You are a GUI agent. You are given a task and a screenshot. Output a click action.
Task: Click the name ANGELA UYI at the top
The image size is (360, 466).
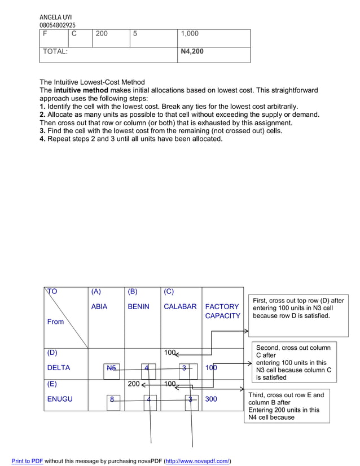[x=55, y=17]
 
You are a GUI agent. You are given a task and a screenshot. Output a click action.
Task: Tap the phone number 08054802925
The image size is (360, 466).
[x=57, y=25]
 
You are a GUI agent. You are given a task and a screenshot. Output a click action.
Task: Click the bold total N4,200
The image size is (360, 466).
[x=192, y=51]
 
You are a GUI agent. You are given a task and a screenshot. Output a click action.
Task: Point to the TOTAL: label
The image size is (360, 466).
[x=55, y=51]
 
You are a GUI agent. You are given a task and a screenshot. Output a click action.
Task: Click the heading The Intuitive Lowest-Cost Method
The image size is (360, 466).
[x=92, y=82]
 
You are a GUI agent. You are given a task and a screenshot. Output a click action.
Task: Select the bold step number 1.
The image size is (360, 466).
[x=42, y=107]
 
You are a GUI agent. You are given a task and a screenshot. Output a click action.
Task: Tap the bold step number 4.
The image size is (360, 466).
[x=42, y=139]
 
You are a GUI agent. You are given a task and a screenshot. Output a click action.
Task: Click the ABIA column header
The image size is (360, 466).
[x=99, y=307]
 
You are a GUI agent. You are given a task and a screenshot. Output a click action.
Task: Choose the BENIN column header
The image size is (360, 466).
[x=138, y=307]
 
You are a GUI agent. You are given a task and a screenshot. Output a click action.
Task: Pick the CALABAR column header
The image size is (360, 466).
[x=180, y=307]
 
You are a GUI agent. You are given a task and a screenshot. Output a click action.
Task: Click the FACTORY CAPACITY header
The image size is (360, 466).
[x=222, y=311]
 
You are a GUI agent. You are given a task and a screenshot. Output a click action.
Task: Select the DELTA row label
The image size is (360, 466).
[x=59, y=368]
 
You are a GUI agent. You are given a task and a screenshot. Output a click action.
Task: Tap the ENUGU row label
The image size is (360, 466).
[x=59, y=399]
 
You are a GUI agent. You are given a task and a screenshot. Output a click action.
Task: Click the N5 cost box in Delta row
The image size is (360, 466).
[x=112, y=368]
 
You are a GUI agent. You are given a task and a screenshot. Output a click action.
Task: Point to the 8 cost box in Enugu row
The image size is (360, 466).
[x=112, y=400]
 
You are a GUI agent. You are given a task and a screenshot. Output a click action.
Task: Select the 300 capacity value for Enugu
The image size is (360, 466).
[x=211, y=399]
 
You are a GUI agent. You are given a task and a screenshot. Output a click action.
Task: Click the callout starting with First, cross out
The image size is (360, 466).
[x=298, y=309]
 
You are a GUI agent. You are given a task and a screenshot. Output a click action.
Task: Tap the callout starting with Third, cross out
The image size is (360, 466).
[x=287, y=406]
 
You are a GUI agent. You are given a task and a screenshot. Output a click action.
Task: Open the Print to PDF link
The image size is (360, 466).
[x=27, y=461]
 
